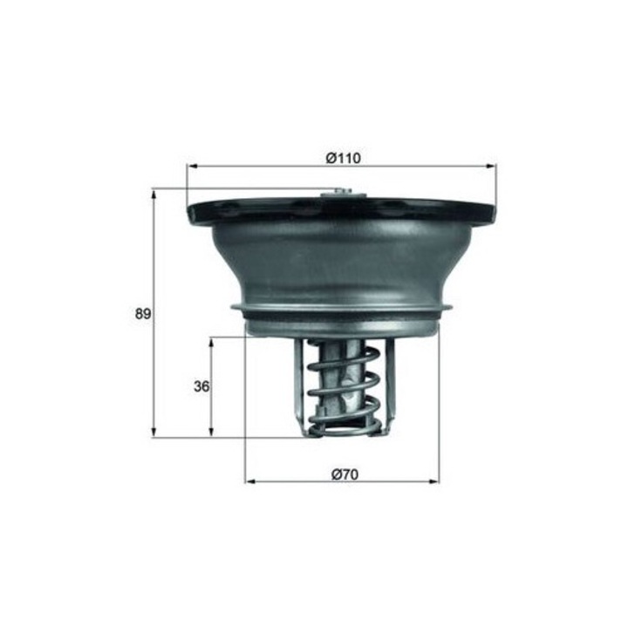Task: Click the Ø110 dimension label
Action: (x=344, y=158)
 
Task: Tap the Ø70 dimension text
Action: (x=345, y=474)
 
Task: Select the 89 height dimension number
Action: (x=142, y=314)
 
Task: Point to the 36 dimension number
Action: (x=201, y=386)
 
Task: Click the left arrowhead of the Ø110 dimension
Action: (x=193, y=167)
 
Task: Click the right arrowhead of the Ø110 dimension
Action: (x=490, y=167)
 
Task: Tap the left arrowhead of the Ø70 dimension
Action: (x=250, y=481)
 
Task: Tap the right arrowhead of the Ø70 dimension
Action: (x=433, y=481)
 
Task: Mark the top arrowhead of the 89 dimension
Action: (x=153, y=195)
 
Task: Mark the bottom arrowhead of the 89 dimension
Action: (x=153, y=432)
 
